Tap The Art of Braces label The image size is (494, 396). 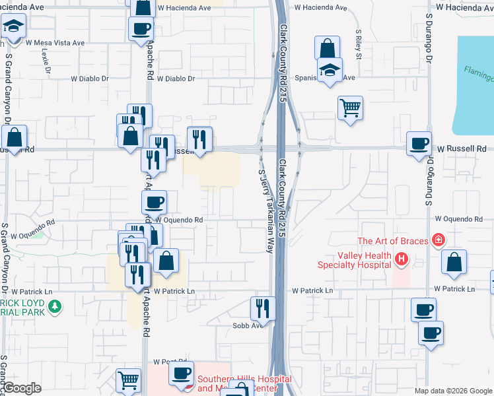[393, 241]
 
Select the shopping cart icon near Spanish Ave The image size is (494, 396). [350, 108]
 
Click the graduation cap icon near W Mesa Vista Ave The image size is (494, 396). [13, 28]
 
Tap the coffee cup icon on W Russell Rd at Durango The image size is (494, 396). [418, 144]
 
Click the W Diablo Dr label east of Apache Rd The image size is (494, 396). [176, 79]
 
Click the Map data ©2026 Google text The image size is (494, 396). [453, 391]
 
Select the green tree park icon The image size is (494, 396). [57, 307]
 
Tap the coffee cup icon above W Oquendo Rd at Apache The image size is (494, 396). [154, 202]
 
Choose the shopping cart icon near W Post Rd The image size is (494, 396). [128, 380]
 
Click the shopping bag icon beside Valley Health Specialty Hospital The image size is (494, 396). [454, 262]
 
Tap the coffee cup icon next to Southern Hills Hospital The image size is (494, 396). [180, 373]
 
